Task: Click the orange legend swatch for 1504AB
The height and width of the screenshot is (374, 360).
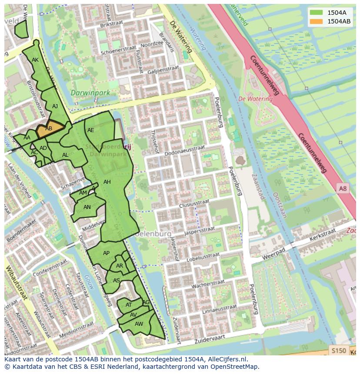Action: (316, 21)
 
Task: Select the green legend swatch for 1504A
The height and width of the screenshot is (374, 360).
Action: (316, 13)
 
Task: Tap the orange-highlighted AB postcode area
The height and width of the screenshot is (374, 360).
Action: (49, 129)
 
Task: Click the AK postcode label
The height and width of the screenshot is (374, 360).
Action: (35, 60)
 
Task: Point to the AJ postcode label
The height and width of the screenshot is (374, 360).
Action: (55, 106)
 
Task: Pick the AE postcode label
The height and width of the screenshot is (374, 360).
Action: (91, 130)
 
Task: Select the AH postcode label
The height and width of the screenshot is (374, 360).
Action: (107, 182)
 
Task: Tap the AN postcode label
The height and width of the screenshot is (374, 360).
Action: (87, 207)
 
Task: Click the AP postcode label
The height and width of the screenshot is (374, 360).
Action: (106, 253)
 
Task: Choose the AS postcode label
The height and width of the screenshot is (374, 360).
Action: (117, 281)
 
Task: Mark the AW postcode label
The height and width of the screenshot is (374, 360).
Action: (139, 324)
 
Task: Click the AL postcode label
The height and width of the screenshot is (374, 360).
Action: (65, 155)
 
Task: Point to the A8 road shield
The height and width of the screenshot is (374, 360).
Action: (343, 188)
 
